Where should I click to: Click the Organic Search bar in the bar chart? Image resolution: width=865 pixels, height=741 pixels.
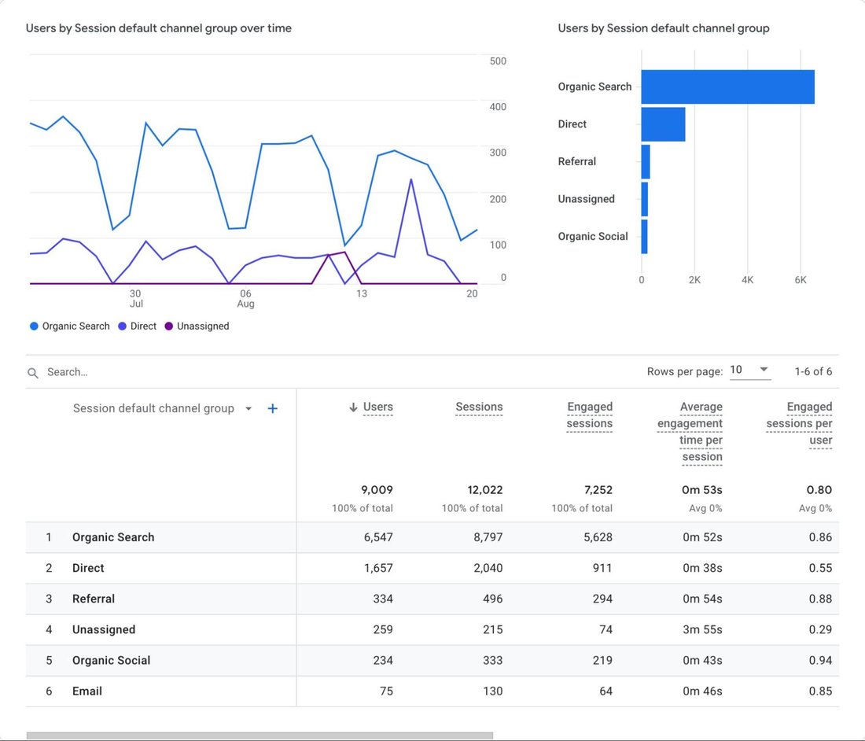(727, 87)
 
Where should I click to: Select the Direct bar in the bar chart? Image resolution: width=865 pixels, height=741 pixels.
(663, 124)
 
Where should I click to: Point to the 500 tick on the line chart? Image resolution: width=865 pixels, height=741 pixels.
(497, 61)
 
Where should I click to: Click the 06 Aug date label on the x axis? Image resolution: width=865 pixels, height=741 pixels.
(246, 299)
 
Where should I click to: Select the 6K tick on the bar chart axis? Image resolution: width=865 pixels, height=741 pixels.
(800, 279)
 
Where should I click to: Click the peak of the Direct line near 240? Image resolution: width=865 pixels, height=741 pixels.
(411, 180)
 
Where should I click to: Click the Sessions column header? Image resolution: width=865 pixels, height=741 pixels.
(479, 407)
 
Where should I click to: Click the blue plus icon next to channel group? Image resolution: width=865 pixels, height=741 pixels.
(272, 408)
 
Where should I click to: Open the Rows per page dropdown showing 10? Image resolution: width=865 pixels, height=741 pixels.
(750, 370)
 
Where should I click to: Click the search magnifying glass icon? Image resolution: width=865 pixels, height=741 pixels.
(33, 373)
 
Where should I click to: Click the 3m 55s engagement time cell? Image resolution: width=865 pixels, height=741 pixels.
(702, 629)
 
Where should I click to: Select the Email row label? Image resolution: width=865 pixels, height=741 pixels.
(87, 691)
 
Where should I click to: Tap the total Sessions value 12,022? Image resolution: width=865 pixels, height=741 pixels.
(484, 489)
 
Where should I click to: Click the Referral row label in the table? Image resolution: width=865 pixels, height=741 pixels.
(94, 599)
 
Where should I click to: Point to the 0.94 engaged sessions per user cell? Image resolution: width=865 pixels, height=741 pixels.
(819, 660)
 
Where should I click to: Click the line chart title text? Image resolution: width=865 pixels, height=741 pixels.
(159, 28)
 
